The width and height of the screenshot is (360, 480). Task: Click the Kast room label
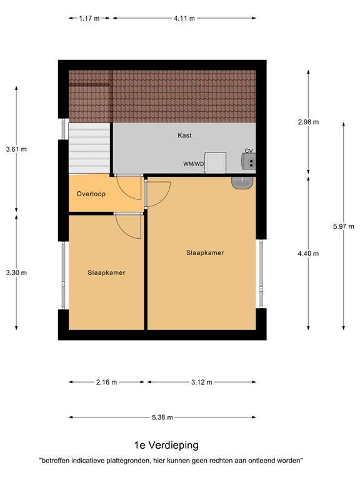click(x=184, y=135)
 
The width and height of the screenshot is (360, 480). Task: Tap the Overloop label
click(x=91, y=194)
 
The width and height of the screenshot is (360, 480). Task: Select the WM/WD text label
click(x=194, y=164)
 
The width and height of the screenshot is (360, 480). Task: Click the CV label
click(x=249, y=151)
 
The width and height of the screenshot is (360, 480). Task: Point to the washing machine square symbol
click(x=216, y=162)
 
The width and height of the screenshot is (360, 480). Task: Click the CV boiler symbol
click(x=249, y=162)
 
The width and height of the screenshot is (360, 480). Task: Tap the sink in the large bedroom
click(x=242, y=182)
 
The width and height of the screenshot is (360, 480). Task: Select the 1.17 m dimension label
click(x=90, y=19)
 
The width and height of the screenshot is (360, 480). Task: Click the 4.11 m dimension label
click(x=184, y=19)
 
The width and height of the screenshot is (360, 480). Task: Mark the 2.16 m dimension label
click(x=106, y=382)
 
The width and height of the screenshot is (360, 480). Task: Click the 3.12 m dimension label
click(x=201, y=382)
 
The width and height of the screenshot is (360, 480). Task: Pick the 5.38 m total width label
click(x=162, y=417)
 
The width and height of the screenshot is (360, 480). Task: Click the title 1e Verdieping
click(x=166, y=446)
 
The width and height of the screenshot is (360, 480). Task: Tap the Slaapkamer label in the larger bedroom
click(x=205, y=253)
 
